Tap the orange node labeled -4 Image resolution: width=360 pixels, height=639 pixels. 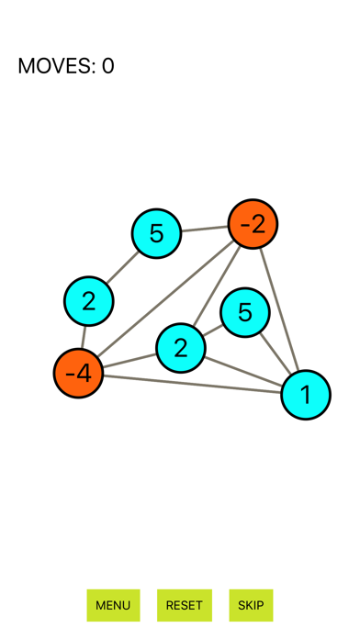click(78, 374)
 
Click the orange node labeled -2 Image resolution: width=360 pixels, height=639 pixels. click(253, 224)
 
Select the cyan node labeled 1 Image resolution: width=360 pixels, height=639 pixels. click(306, 395)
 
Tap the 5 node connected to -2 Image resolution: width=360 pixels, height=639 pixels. click(156, 233)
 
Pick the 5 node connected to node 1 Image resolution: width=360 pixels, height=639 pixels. click(245, 312)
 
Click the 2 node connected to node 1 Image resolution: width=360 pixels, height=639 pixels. click(180, 348)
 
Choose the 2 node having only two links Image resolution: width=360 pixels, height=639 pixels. click(88, 301)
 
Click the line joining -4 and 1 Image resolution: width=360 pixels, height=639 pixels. click(192, 384)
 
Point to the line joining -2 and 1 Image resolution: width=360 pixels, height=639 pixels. click(279, 309)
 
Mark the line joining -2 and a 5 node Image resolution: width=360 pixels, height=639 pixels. click(204, 229)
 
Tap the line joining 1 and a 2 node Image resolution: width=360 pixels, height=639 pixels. click(242, 371)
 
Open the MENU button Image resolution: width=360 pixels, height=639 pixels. click(113, 605)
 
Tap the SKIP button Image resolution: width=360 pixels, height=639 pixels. click(251, 605)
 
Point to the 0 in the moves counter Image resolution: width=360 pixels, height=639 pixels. click(107, 66)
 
